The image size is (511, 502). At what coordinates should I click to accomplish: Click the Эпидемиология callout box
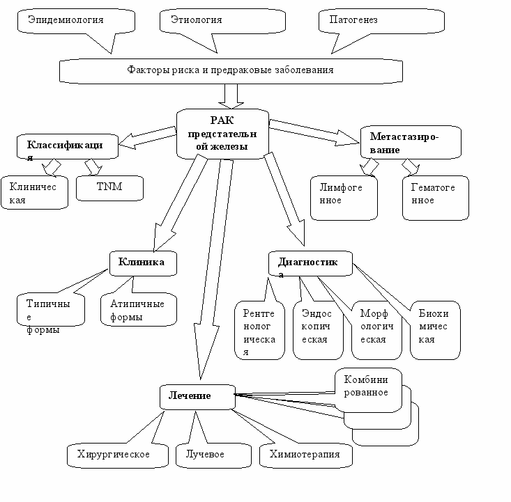tap(76, 21)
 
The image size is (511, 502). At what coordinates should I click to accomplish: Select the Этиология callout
tap(222, 21)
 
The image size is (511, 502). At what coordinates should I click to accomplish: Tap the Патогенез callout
tap(381, 21)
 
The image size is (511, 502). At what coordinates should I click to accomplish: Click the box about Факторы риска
tap(231, 71)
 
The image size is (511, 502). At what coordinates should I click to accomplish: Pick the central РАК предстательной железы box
tap(222, 134)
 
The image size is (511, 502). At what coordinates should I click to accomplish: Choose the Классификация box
tap(68, 146)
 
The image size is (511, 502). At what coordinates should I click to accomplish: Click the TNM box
tap(109, 188)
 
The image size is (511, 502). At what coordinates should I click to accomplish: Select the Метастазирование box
tap(411, 142)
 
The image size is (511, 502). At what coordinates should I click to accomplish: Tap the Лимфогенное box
tap(344, 198)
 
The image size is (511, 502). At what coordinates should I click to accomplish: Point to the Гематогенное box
tap(436, 198)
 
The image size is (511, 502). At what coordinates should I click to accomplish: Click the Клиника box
tap(143, 263)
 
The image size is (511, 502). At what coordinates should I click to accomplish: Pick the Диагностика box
tap(310, 263)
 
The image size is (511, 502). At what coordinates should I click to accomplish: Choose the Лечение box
tap(197, 397)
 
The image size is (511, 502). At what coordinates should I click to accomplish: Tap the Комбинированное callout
tap(368, 390)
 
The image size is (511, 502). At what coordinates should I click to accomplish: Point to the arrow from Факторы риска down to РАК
tap(231, 96)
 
